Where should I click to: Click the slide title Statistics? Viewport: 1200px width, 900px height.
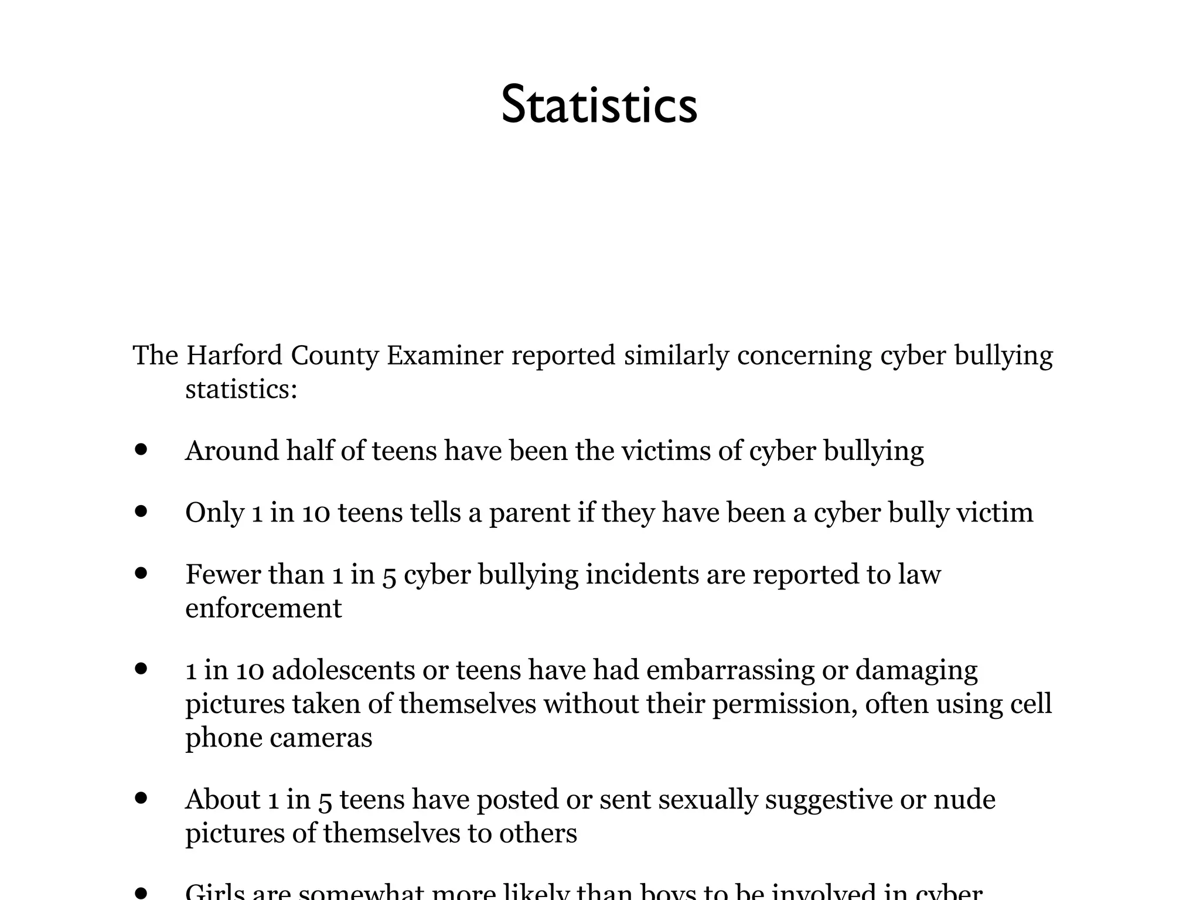(599, 105)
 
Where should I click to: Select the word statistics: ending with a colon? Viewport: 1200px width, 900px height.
(241, 390)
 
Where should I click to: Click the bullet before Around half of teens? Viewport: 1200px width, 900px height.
(141, 450)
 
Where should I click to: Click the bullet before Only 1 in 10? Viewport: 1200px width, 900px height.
(141, 512)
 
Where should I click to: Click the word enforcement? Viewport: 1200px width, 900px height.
(263, 608)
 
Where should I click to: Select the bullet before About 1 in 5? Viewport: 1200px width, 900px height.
(141, 799)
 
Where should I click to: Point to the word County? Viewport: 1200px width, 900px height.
(335, 356)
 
